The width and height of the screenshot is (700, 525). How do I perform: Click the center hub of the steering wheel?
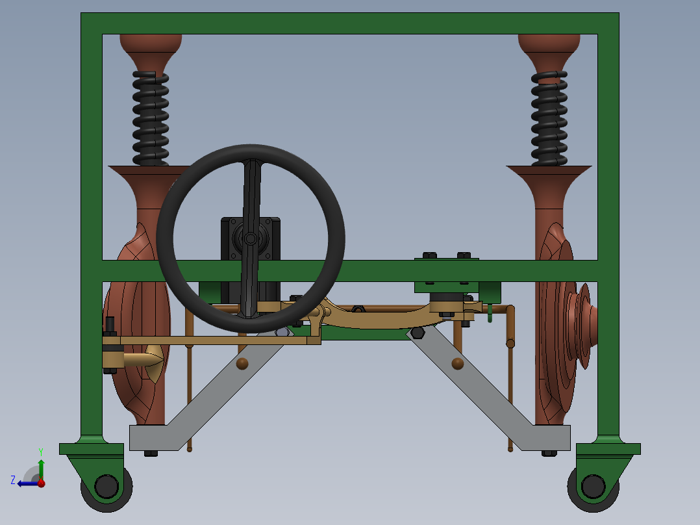coord(250,239)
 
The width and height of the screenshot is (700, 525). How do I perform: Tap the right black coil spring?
coord(549,118)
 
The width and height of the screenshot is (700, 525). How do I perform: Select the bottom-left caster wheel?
coord(106,487)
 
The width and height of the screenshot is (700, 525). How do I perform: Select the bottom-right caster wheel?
coord(592,487)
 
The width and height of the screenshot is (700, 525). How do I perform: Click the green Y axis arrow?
coord(41,467)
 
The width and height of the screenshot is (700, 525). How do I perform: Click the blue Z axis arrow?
coord(26,483)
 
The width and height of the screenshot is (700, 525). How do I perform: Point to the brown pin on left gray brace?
coord(242,363)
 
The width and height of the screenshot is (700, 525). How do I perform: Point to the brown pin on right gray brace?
coord(458,363)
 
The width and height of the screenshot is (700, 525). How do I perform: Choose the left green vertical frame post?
coord(92,195)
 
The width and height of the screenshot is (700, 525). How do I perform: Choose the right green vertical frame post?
coord(608,195)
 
